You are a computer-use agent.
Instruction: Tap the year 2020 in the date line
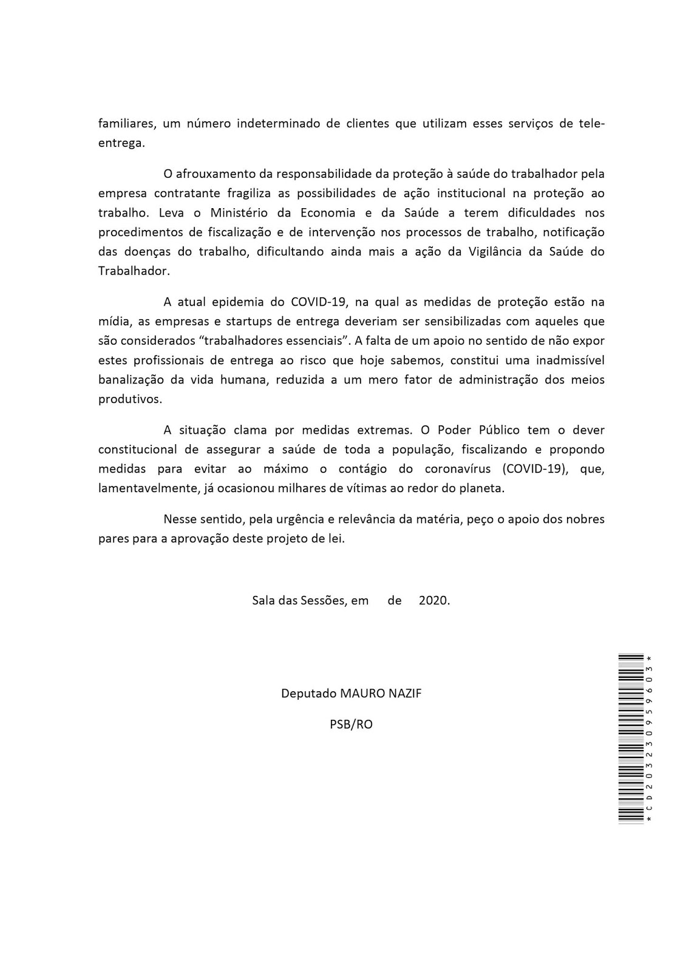[x=434, y=601]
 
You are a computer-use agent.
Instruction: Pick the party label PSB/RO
[x=351, y=724]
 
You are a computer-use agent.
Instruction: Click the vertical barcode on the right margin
[x=631, y=738]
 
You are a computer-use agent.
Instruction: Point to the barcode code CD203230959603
[x=650, y=738]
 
